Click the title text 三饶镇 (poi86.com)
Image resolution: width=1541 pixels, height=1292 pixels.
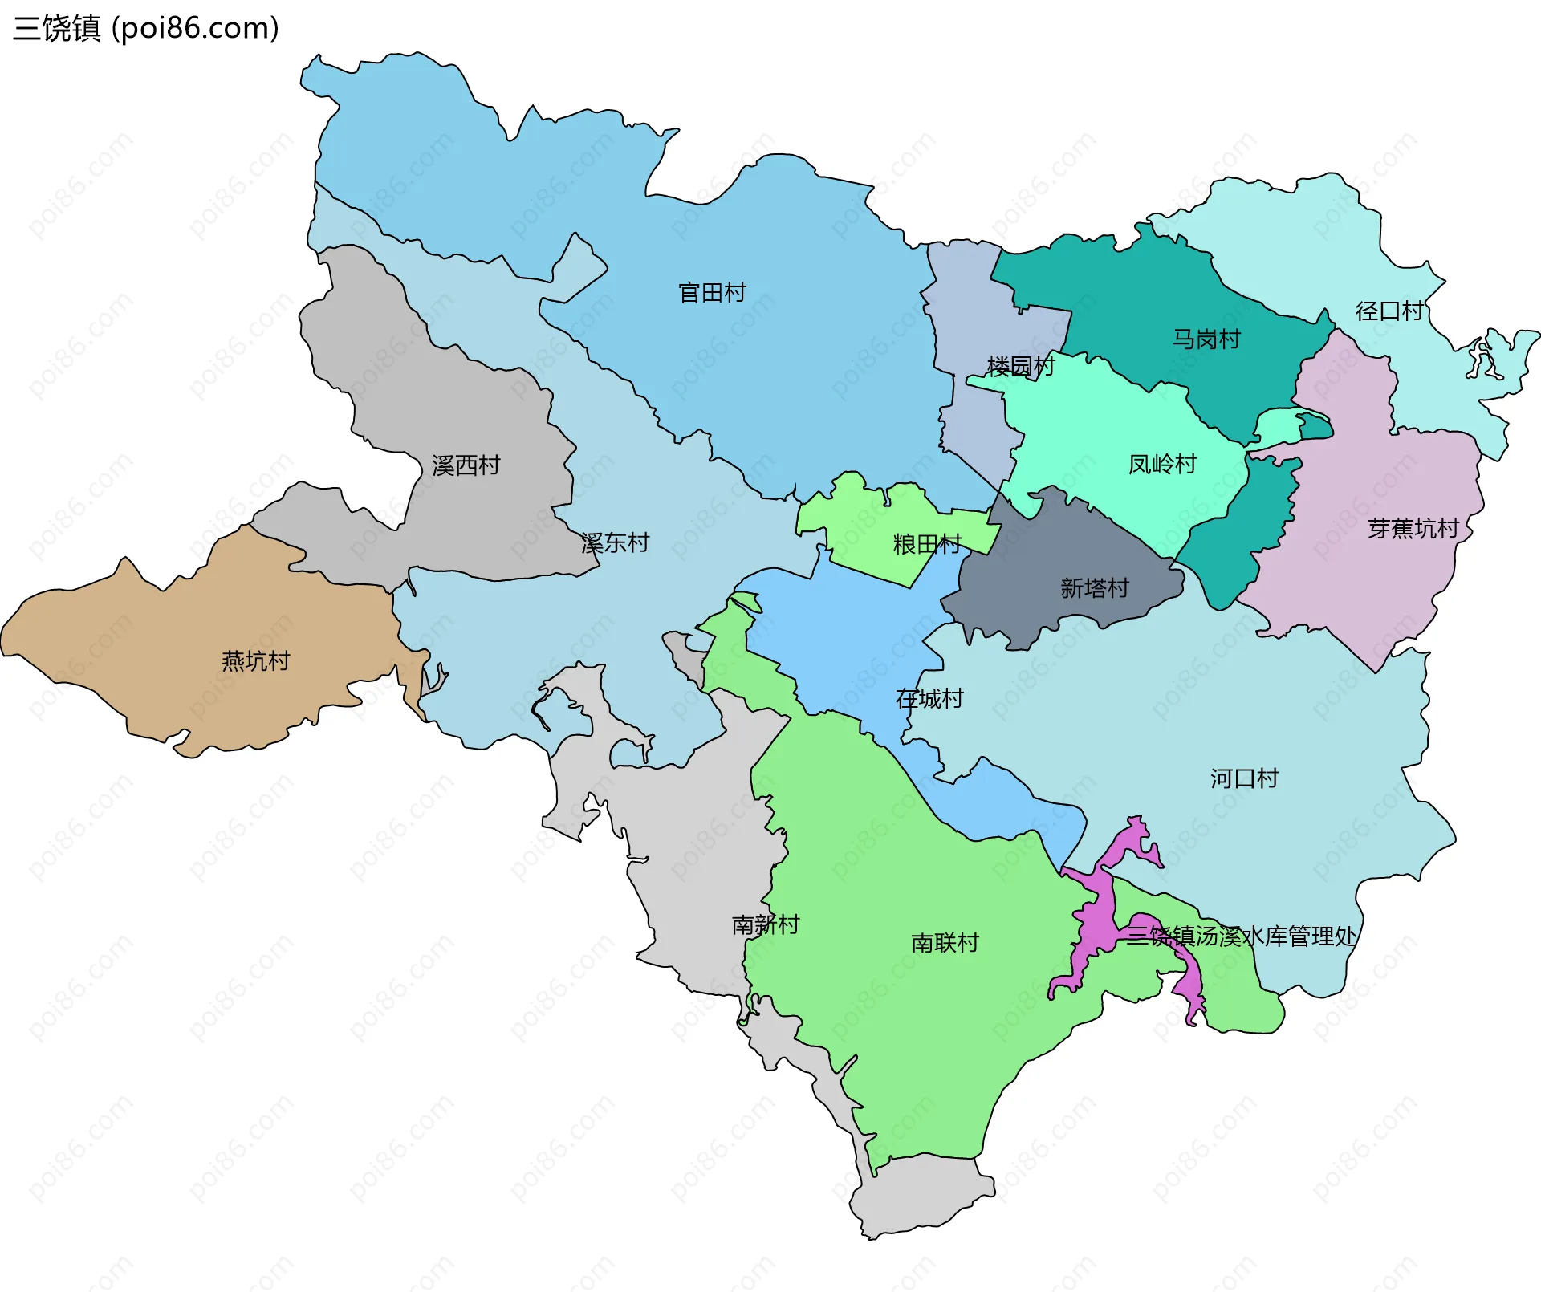pos(146,28)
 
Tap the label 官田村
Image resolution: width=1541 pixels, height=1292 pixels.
pos(712,292)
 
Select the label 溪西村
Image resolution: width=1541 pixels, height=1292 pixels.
pos(466,465)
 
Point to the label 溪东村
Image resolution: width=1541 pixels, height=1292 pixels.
pos(615,543)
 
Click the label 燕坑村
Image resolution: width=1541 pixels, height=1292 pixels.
pos(255,661)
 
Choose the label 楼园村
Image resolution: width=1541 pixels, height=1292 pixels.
pos(1020,367)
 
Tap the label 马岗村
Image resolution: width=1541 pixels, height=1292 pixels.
pos(1206,339)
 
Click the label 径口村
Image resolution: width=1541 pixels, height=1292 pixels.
pos(1389,311)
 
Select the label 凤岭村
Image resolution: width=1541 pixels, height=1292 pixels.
pos(1162,465)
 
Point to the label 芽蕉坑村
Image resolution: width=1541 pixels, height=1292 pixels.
pos(1413,529)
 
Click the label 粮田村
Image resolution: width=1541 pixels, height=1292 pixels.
pos(927,545)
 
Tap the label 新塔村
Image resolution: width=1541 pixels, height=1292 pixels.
pos(1094,589)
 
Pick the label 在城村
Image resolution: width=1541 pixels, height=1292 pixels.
pos(929,699)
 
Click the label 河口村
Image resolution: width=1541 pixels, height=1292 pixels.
pos(1244,778)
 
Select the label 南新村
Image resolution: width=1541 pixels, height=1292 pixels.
pos(766,925)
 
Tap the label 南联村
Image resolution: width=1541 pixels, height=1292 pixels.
pos(945,943)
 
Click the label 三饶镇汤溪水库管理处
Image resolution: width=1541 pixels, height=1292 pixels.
pos(1241,936)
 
